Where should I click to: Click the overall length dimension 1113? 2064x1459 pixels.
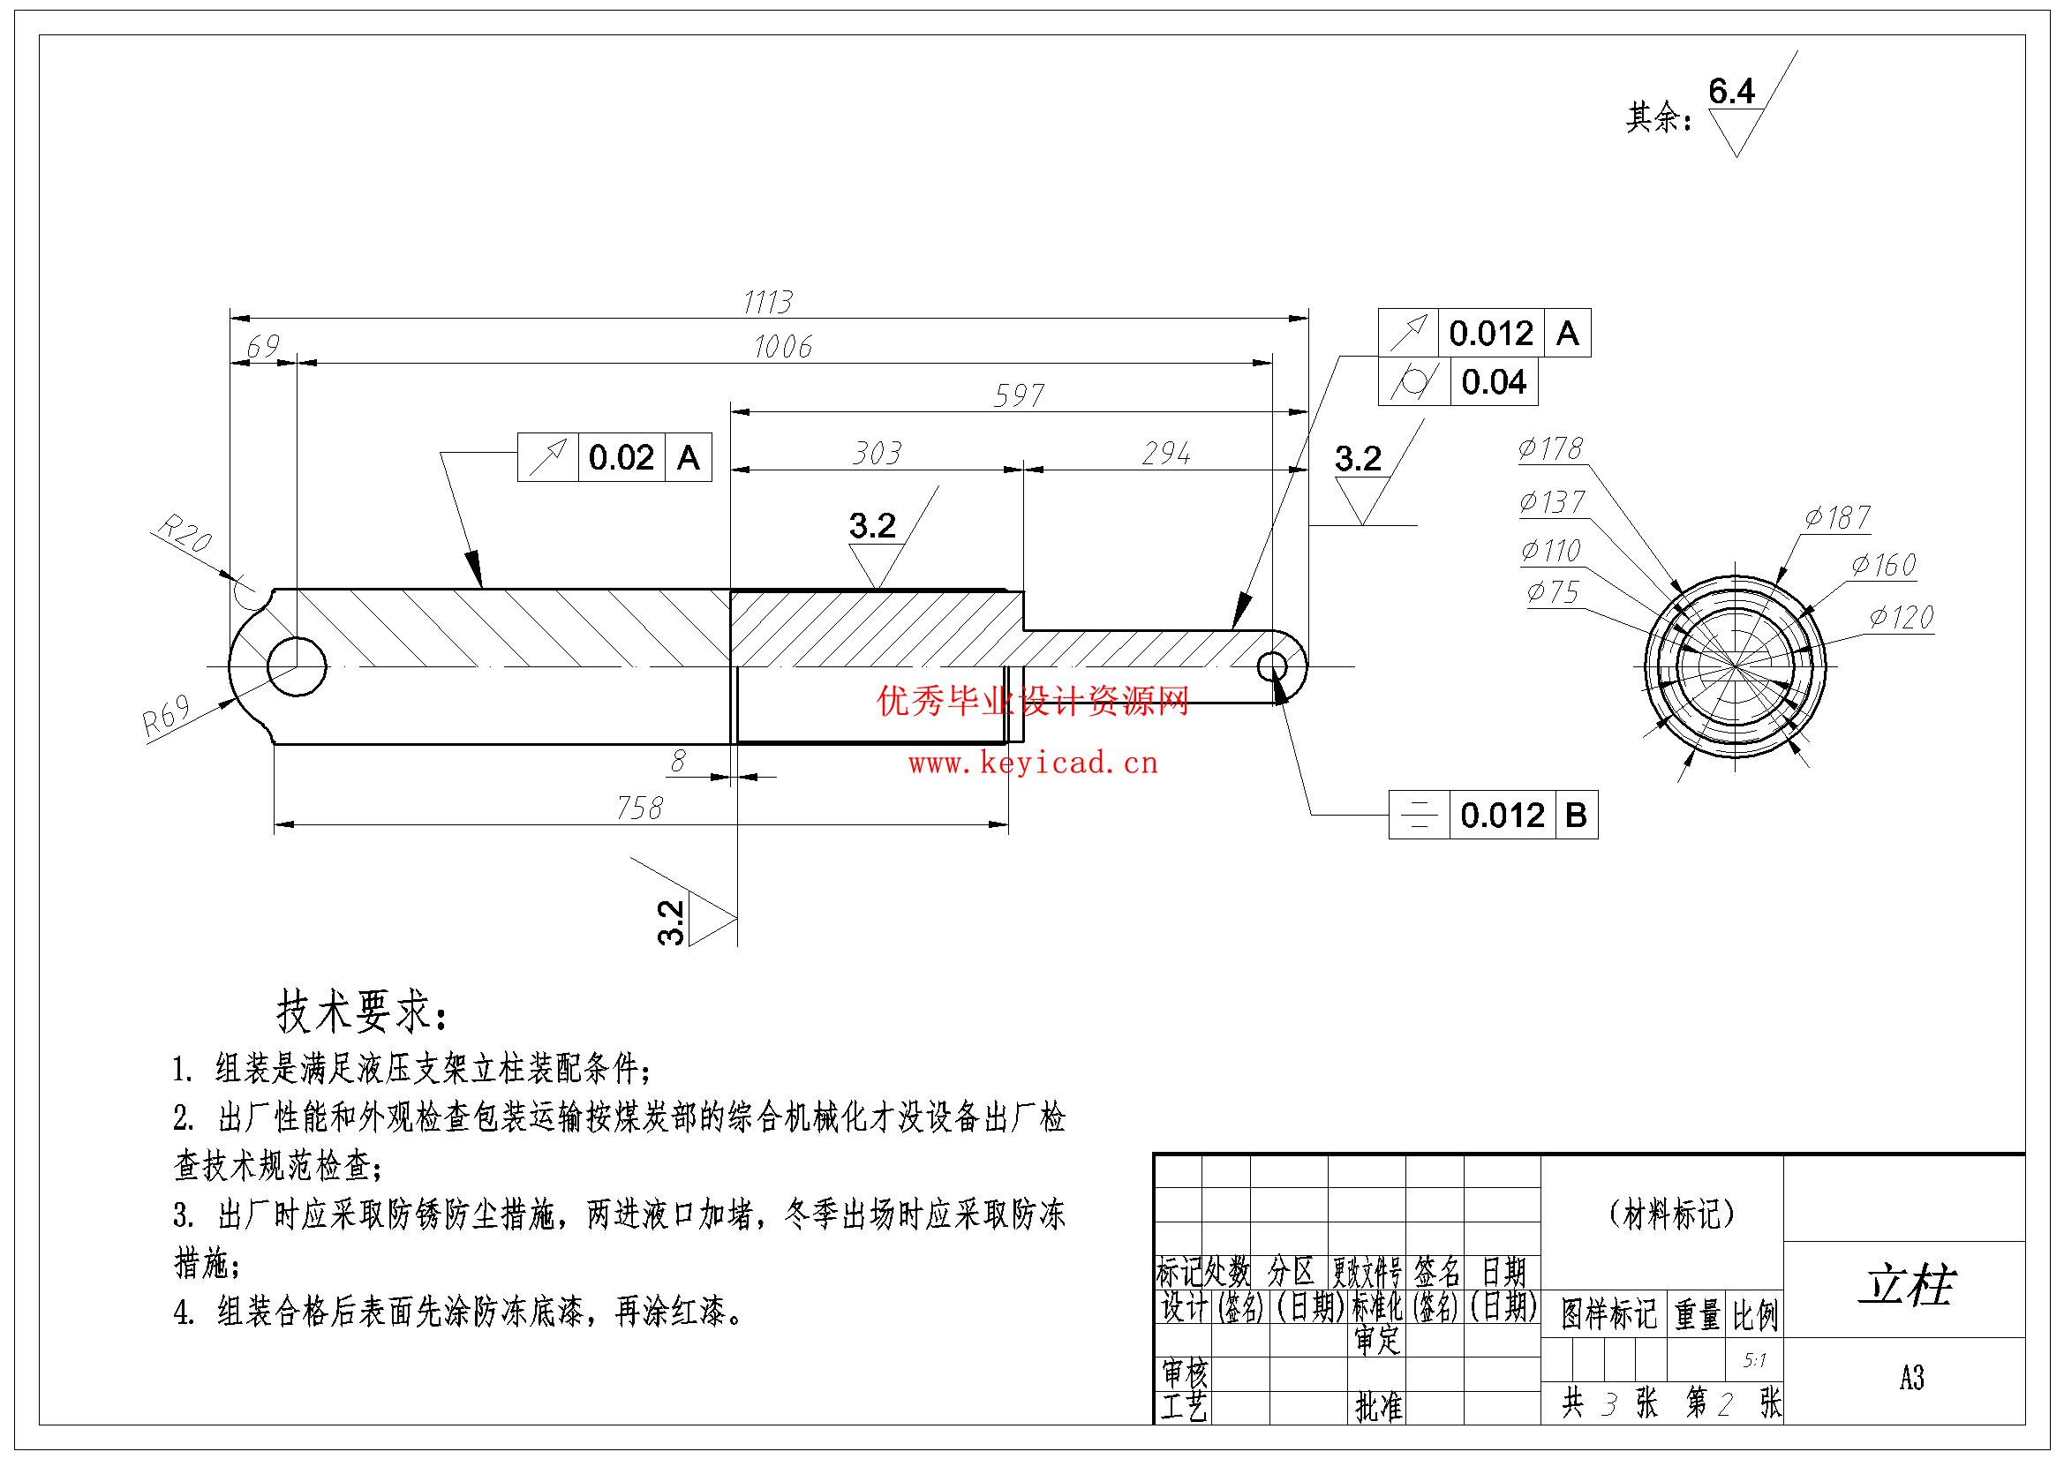click(768, 302)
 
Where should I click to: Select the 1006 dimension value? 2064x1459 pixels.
click(783, 347)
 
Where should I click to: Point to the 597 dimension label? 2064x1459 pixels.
click(1020, 395)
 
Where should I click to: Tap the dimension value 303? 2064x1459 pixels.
click(877, 453)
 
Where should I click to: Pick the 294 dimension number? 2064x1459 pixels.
click(1166, 453)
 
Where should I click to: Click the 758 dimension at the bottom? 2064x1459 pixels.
click(639, 808)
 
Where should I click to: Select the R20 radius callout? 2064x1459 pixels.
click(185, 533)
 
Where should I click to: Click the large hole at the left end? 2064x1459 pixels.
click(297, 667)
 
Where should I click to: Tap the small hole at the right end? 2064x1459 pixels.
click(1273, 667)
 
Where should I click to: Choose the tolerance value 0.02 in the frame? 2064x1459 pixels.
click(621, 457)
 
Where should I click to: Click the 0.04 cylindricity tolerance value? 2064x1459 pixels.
click(1494, 382)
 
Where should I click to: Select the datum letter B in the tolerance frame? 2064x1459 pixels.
click(1575, 815)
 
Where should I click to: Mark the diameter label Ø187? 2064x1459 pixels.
click(1837, 518)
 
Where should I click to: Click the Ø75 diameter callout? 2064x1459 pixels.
click(1553, 591)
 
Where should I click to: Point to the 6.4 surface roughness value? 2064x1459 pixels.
click(1731, 91)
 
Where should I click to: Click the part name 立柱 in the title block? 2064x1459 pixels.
click(1907, 1285)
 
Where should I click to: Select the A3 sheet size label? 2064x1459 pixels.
click(1912, 1378)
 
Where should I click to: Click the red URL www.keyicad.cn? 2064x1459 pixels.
click(1033, 764)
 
